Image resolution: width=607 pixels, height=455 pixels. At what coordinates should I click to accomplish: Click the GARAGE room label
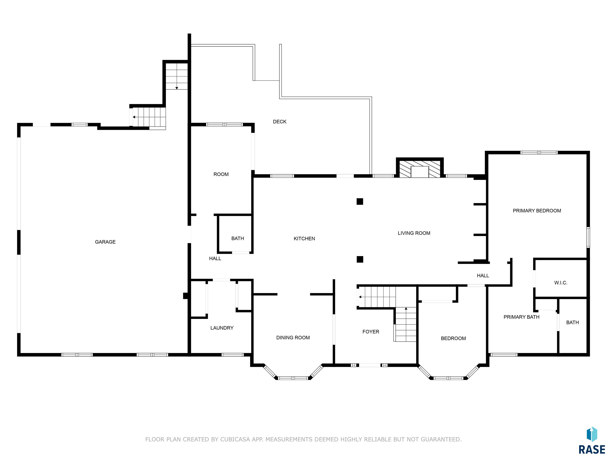pos(105,242)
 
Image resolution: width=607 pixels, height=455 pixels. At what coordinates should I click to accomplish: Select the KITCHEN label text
pos(304,239)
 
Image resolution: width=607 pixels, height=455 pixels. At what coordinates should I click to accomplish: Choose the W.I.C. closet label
pos(561,283)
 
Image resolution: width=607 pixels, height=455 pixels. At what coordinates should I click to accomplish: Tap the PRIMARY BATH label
pos(521,317)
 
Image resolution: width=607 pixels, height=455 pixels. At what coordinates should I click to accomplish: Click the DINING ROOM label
pos(293,338)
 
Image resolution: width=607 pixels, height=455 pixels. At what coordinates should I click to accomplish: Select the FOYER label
pos(371,332)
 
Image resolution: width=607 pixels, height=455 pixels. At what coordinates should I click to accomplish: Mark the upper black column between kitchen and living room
pos(360,202)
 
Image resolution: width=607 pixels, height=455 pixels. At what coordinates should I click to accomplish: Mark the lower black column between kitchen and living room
pos(360,259)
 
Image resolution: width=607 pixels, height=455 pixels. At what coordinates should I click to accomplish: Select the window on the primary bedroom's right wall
pos(588,238)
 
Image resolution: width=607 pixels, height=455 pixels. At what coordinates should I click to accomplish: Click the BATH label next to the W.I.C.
pos(572,322)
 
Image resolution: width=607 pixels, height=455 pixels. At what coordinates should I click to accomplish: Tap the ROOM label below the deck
pos(221,174)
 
